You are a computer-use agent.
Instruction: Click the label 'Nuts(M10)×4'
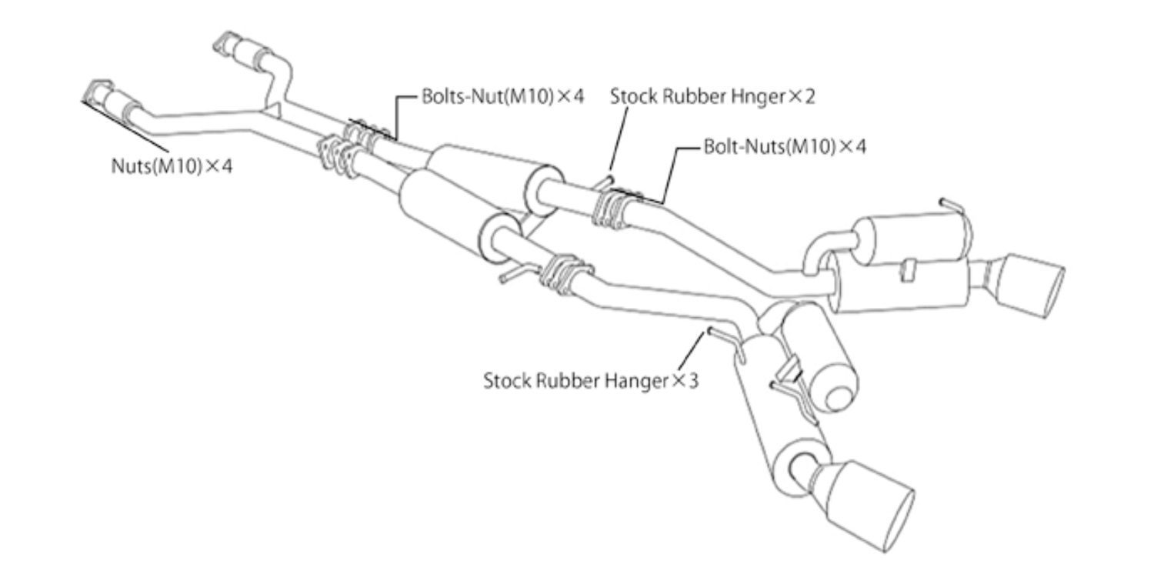[171, 165]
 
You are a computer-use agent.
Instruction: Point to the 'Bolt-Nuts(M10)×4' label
[784, 146]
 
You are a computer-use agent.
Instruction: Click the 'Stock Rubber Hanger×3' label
[591, 380]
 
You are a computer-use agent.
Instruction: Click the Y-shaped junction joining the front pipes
[268, 113]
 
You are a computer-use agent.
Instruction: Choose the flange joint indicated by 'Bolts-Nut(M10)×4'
[365, 135]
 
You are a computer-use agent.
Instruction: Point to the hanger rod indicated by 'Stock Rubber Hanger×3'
[719, 332]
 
